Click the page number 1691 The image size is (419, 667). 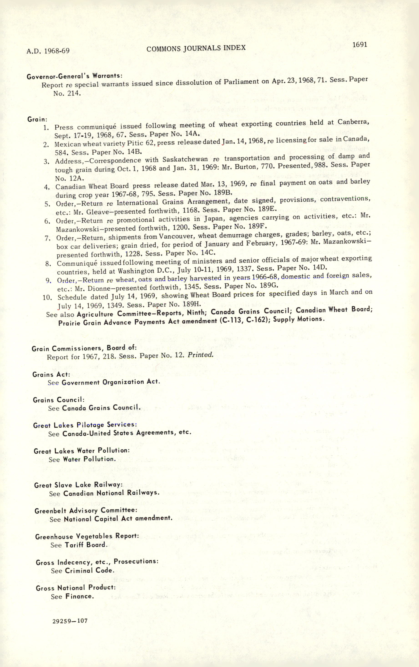(360, 45)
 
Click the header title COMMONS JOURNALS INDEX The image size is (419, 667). (196, 48)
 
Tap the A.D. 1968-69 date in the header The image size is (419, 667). (48, 51)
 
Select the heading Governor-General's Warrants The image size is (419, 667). (74, 76)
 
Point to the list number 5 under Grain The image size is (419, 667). (47, 204)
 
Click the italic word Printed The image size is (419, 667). (200, 355)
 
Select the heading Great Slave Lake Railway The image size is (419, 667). (78, 485)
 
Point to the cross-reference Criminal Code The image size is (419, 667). (89, 570)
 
